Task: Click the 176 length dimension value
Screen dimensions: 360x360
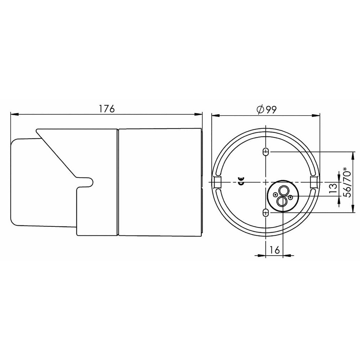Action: pyautogui.click(x=107, y=109)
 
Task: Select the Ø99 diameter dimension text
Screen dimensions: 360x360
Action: pyautogui.click(x=267, y=109)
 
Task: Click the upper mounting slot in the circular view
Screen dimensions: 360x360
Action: pyautogui.click(x=266, y=152)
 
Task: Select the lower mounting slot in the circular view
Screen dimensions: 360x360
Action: pyautogui.click(x=266, y=213)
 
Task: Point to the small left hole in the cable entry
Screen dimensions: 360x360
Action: pyautogui.click(x=276, y=195)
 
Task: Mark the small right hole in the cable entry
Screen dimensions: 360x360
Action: pyautogui.click(x=290, y=197)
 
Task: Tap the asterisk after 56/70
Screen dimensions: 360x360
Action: pyautogui.click(x=346, y=168)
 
